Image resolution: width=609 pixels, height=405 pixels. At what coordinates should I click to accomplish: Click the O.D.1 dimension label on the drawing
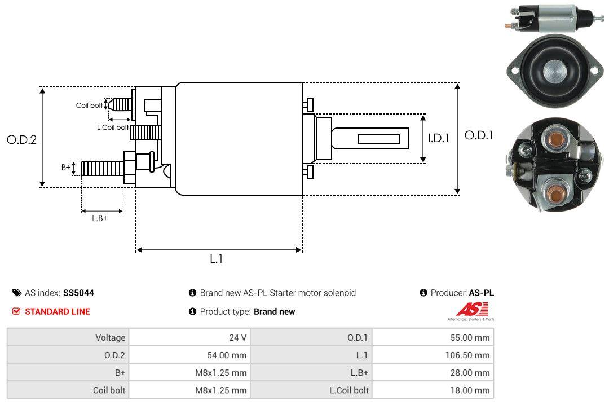tap(479, 135)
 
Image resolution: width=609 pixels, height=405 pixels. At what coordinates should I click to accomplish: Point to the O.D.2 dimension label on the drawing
tap(21, 140)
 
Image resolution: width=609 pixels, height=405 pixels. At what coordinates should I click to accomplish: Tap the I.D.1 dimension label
tap(438, 138)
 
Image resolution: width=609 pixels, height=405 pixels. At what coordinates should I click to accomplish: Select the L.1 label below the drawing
tap(217, 259)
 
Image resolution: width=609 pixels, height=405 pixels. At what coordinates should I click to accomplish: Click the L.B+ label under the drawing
tap(100, 218)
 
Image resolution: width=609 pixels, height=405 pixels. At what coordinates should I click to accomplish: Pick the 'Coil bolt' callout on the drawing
tap(89, 105)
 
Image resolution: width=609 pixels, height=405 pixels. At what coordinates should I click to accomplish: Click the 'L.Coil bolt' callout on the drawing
tap(113, 127)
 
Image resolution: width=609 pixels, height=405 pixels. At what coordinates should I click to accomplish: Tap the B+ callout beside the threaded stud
tap(66, 168)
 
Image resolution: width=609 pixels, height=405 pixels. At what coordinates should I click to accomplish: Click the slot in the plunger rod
tap(379, 139)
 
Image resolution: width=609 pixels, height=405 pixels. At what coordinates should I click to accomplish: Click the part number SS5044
tap(78, 293)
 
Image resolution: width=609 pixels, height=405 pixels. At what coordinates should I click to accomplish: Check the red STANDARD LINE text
tap(57, 311)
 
